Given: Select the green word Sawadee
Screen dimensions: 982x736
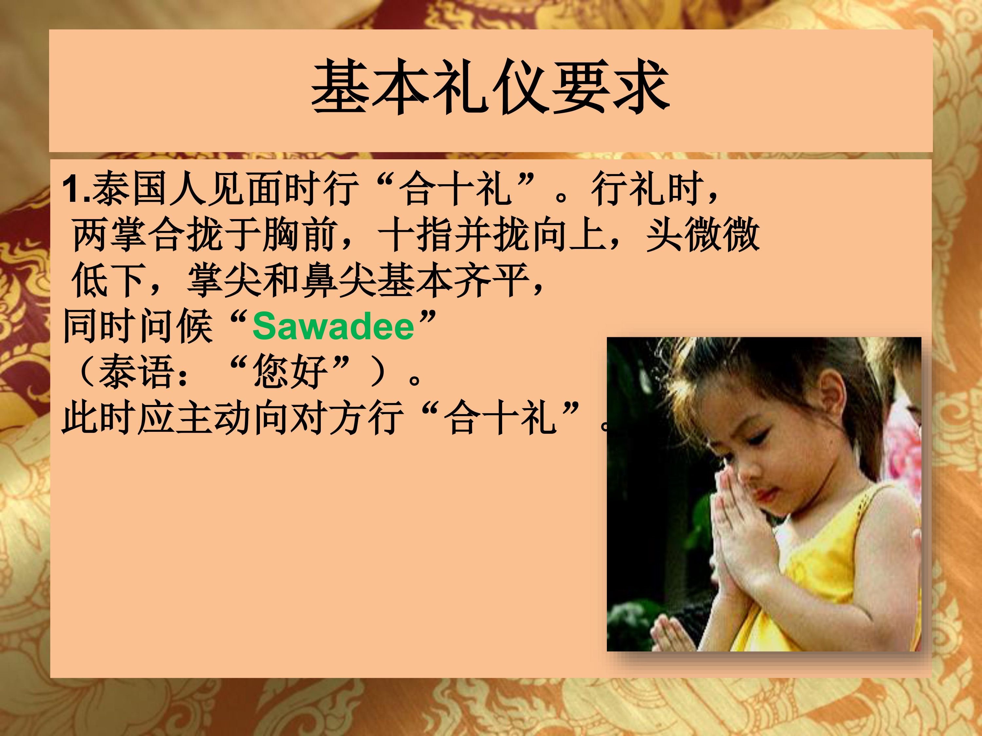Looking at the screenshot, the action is pyautogui.click(x=333, y=326).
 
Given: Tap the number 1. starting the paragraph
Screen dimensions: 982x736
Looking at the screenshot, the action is pyautogui.click(x=76, y=188).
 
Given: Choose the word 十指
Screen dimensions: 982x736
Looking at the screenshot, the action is pyautogui.click(x=415, y=234).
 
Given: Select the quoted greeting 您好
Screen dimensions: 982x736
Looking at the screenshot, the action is pyautogui.click(x=290, y=372).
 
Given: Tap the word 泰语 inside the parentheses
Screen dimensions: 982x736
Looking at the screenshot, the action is pyautogui.click(x=136, y=372).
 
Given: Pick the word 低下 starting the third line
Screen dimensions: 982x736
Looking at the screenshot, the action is pyautogui.click(x=108, y=280).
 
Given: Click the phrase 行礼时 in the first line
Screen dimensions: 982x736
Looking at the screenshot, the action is pyautogui.click(x=648, y=188).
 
